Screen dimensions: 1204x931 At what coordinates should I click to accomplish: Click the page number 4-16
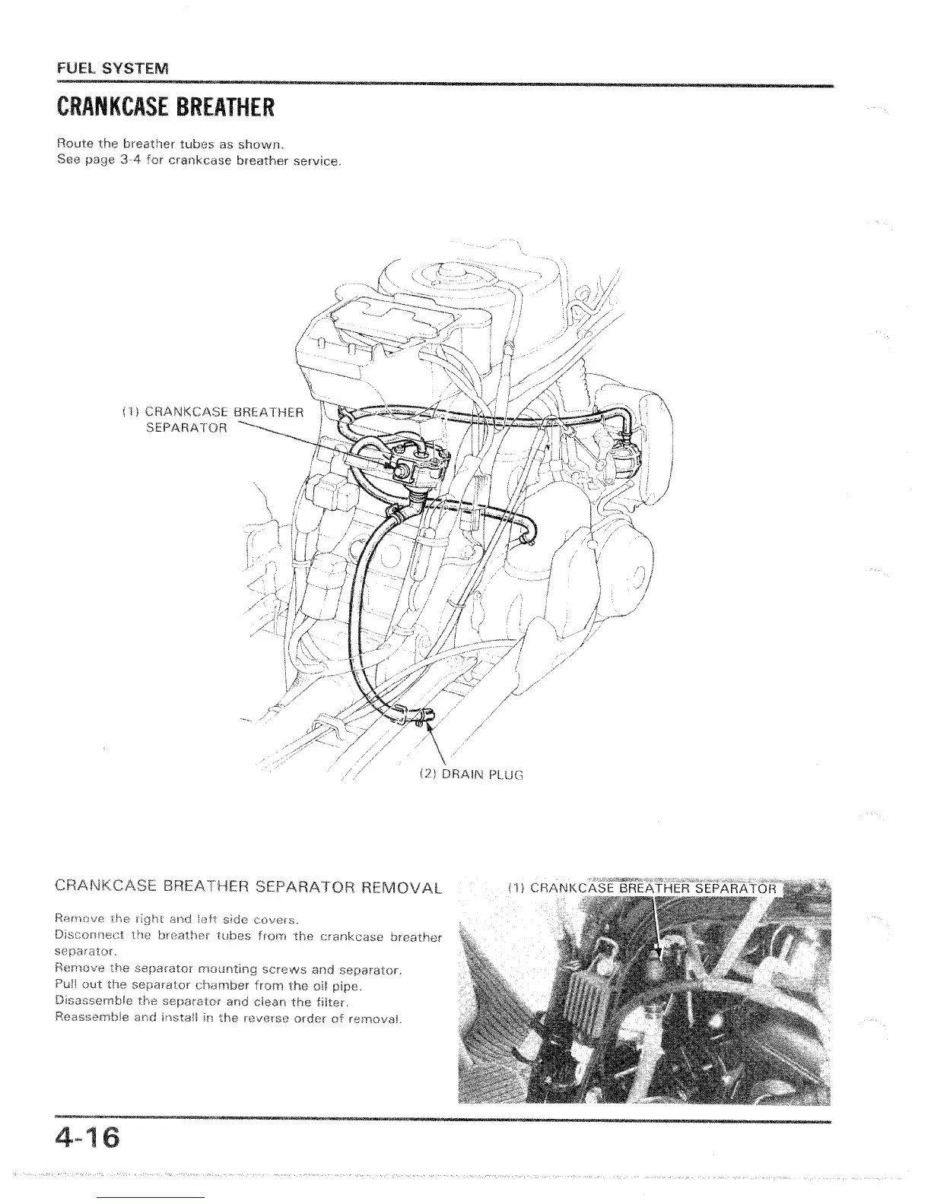(x=87, y=1140)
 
